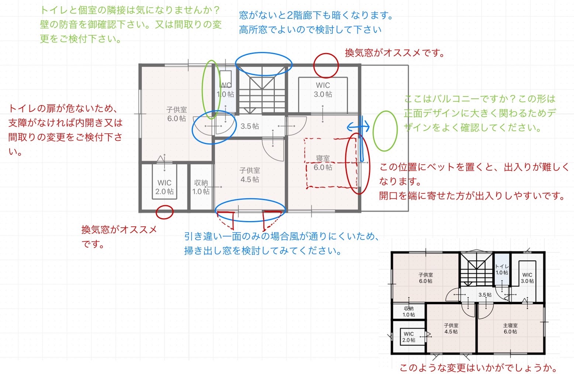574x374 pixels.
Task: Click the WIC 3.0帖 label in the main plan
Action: click(x=323, y=90)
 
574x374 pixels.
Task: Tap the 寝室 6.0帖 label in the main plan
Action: click(x=323, y=163)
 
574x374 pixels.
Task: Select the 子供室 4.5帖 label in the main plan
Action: click(x=250, y=175)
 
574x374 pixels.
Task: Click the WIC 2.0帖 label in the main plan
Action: click(x=164, y=187)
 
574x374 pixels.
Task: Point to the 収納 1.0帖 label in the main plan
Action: click(x=201, y=187)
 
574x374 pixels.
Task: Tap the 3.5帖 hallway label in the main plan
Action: click(x=250, y=126)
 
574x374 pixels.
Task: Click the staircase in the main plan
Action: click(x=262, y=90)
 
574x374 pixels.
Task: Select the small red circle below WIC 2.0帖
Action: click(x=165, y=212)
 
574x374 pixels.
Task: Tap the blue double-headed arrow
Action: click(x=358, y=127)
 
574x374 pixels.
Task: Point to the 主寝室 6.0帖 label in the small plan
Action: click(x=510, y=328)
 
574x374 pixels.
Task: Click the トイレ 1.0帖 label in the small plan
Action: click(x=502, y=270)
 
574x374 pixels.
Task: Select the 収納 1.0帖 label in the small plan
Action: click(x=409, y=311)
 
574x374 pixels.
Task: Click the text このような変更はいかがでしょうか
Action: click(x=478, y=368)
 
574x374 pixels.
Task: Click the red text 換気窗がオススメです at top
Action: click(x=395, y=53)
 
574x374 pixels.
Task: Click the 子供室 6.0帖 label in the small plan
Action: click(x=426, y=278)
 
